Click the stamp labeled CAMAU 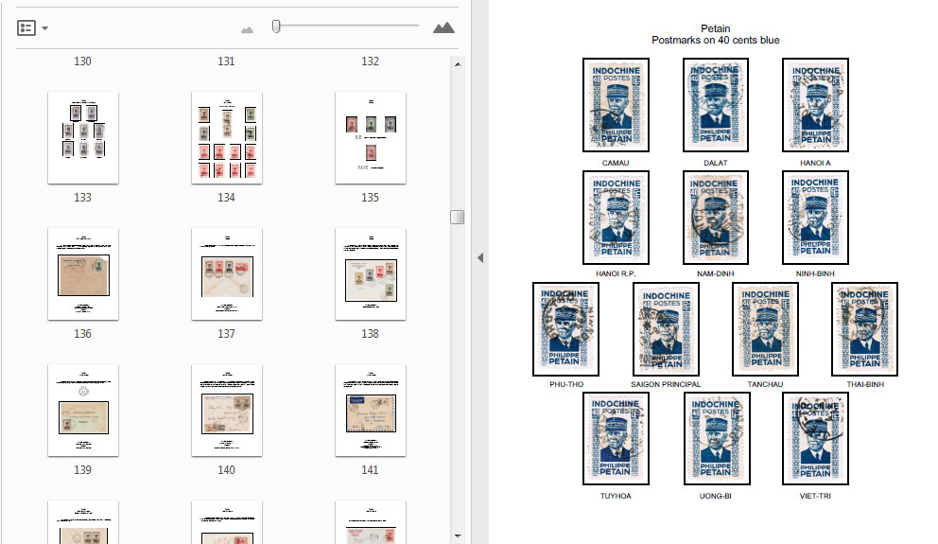616,104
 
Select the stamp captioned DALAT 715,104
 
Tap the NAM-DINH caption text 715,273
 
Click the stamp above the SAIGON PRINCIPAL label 666,328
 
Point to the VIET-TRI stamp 814,439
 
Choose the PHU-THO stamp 565,328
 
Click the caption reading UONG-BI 715,495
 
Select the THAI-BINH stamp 864,328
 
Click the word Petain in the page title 715,28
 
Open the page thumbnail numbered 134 226,137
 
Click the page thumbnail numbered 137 226,273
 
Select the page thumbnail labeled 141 370,410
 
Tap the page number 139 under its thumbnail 82,470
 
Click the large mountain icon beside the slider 443,27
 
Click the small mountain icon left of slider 247,29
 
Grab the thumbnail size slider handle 275,26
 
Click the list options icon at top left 26,27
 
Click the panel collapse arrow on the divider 479,257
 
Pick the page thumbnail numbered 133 82,137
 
